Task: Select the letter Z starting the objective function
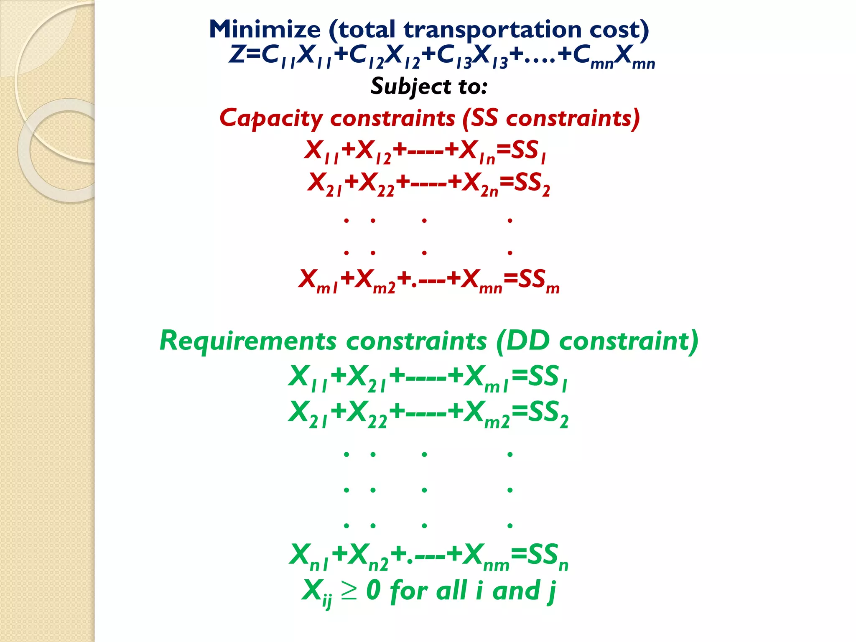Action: click(x=237, y=54)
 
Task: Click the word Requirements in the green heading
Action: click(x=248, y=341)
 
